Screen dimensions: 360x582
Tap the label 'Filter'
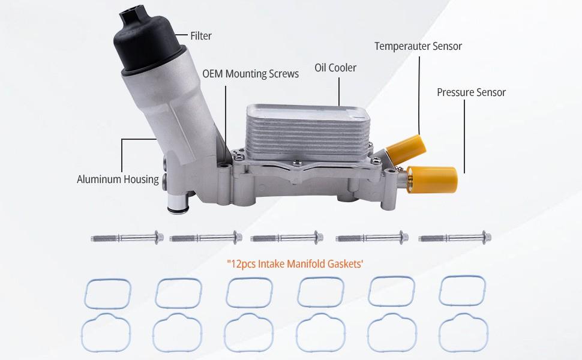click(201, 36)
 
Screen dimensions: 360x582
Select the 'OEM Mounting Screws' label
click(250, 74)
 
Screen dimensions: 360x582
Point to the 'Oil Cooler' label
click(335, 68)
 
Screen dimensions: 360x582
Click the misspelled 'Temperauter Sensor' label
click(418, 46)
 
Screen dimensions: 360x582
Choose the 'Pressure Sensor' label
click(471, 92)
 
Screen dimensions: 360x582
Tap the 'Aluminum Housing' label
click(118, 179)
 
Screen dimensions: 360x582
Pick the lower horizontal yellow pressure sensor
click(433, 178)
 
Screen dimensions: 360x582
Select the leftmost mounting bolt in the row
click(127, 238)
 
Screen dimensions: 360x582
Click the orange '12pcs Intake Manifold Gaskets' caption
click(295, 263)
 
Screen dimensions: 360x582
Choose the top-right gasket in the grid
click(462, 290)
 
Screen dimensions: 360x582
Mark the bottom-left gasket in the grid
click(106, 331)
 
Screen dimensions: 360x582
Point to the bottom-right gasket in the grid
click(463, 332)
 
